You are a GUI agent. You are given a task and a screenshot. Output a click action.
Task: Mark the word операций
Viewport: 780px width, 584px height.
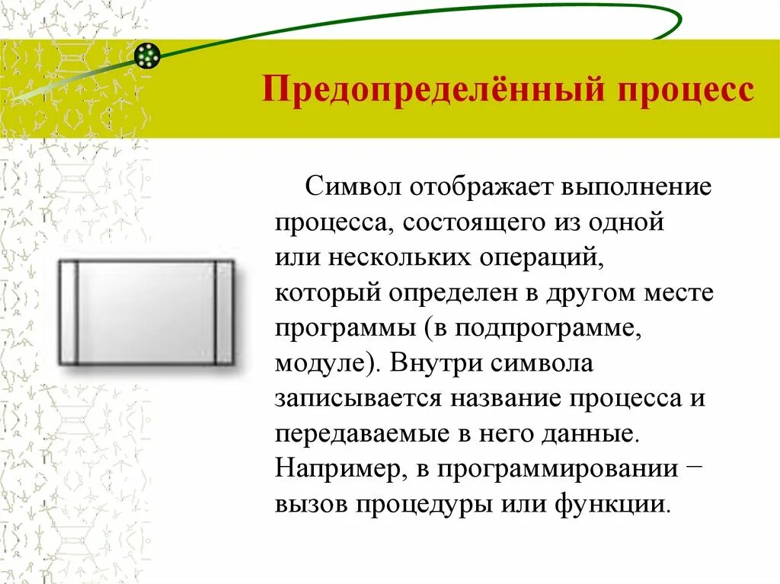tap(542, 259)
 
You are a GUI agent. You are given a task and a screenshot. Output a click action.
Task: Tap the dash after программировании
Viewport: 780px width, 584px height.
tap(694, 465)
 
